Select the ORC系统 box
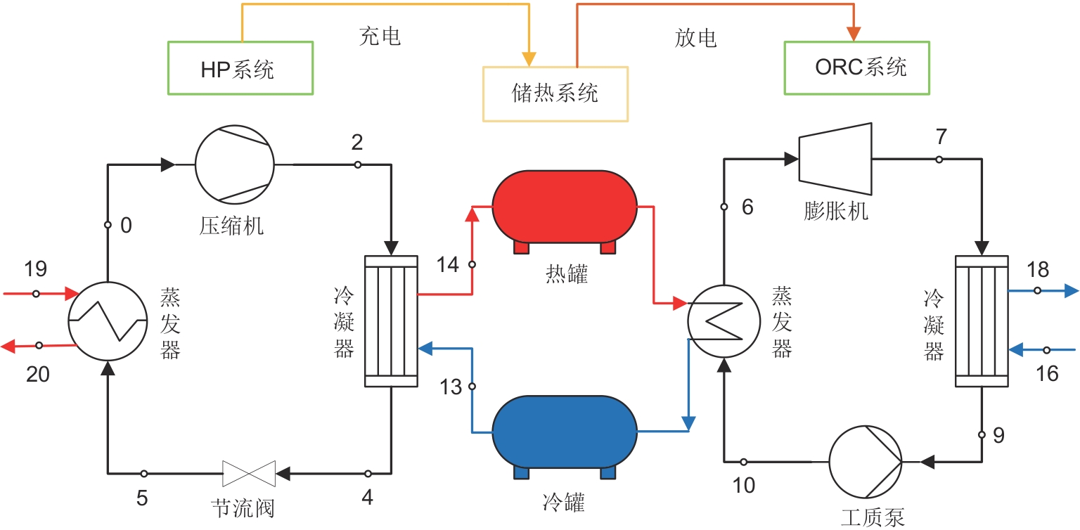[x=856, y=67]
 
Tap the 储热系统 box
[x=555, y=93]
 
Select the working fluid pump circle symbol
[x=865, y=461]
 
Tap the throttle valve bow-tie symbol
[x=249, y=473]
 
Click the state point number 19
[x=35, y=269]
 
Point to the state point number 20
[x=38, y=375]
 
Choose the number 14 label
[x=447, y=265]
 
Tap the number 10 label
[x=744, y=485]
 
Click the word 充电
[x=380, y=37]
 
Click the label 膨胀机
[x=836, y=211]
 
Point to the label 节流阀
[x=243, y=508]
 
